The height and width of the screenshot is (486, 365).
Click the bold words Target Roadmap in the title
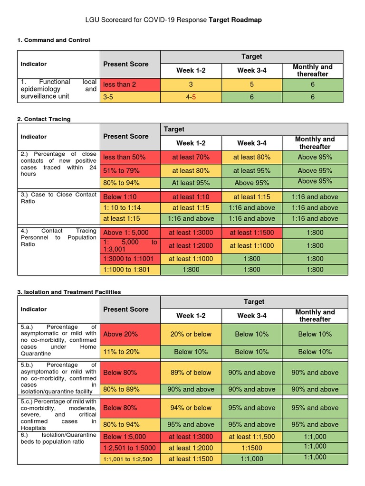[x=235, y=20]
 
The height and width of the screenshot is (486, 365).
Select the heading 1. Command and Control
[x=53, y=40]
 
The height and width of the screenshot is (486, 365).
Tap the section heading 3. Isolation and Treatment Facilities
[x=69, y=292]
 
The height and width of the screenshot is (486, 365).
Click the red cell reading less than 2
[x=120, y=84]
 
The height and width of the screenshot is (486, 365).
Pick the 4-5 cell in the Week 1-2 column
[x=191, y=97]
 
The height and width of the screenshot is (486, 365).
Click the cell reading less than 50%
[x=125, y=157]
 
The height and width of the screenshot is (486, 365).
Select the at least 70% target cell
[x=191, y=157]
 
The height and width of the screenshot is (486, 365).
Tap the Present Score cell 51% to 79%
[x=125, y=170]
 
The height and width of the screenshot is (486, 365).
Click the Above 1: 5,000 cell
[x=126, y=233]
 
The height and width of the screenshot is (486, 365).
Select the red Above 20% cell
[x=120, y=334]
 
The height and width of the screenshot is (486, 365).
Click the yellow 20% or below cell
[x=191, y=334]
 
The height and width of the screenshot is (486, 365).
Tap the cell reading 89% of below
[x=191, y=373]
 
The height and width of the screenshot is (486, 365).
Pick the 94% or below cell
[x=191, y=408]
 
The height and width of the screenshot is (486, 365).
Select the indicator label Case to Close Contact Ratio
[x=58, y=198]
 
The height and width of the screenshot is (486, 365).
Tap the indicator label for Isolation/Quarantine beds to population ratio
[x=58, y=439]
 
